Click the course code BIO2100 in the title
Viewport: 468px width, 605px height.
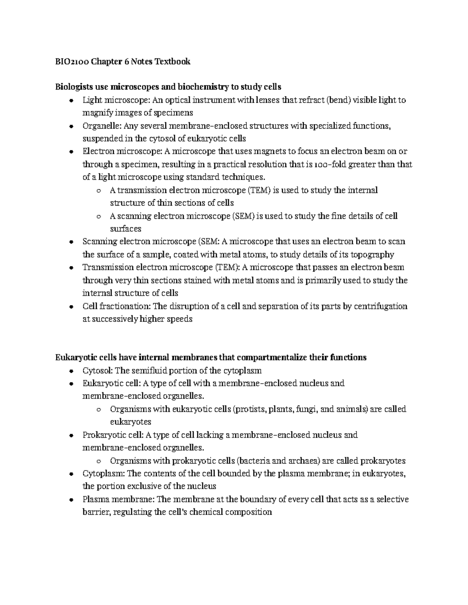(x=71, y=62)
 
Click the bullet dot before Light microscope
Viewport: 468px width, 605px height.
(x=71, y=101)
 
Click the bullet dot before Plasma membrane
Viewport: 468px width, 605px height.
(x=71, y=500)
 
